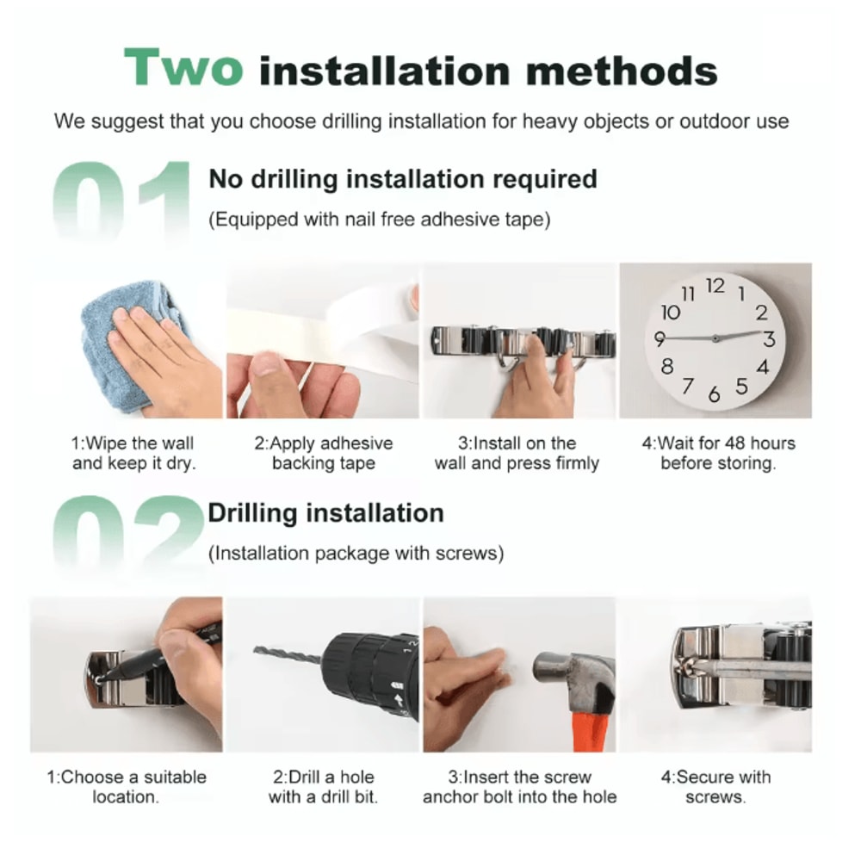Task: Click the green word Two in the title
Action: (183, 67)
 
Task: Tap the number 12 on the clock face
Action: (715, 286)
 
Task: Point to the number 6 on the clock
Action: (714, 393)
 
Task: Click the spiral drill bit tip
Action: (256, 649)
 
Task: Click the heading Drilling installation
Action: (325, 513)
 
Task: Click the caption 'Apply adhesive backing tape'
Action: (324, 453)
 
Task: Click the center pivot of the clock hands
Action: (715, 338)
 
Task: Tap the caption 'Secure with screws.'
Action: (715, 787)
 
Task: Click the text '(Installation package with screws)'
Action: (356, 553)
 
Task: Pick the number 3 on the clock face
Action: (769, 339)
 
